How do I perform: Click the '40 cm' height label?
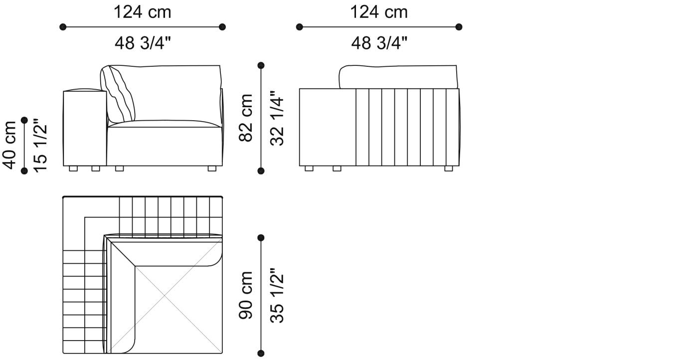pyautogui.click(x=10, y=145)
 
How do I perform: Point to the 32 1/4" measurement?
pyautogui.click(x=278, y=118)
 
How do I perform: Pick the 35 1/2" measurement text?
pyautogui.click(x=278, y=295)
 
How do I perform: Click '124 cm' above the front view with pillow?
pyautogui.click(x=142, y=12)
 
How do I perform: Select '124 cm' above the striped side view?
pyautogui.click(x=378, y=12)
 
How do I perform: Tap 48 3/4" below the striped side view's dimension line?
pyautogui.click(x=378, y=43)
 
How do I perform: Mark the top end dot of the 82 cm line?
pyautogui.click(x=261, y=65)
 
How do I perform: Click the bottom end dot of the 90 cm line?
pyautogui.click(x=261, y=354)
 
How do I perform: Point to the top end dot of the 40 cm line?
pyautogui.click(x=24, y=120)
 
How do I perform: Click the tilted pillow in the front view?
pyautogui.click(x=118, y=94)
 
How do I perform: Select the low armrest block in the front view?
pyautogui.click(x=85, y=128)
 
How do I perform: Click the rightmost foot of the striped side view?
pyautogui.click(x=448, y=169)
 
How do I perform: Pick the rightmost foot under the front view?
pyautogui.click(x=212, y=169)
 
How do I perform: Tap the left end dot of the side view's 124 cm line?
pyautogui.click(x=299, y=27)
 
